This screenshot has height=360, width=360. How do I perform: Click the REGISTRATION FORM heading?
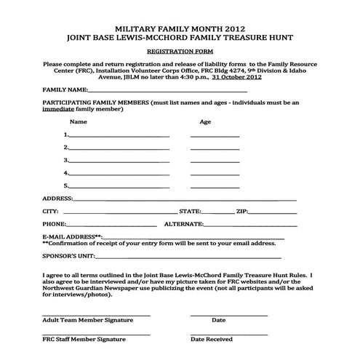[180, 52]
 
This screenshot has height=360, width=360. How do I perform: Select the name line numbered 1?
[119, 136]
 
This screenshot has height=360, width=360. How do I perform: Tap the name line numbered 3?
[119, 161]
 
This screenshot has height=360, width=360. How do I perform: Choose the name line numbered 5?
[119, 186]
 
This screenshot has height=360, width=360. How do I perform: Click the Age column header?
[205, 121]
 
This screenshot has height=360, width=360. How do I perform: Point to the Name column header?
[79, 121]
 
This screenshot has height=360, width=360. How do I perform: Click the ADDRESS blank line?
[185, 199]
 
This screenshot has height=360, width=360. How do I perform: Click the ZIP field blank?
[273, 212]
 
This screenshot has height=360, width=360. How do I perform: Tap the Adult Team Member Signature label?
[87, 320]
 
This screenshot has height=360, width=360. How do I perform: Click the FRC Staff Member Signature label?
[84, 340]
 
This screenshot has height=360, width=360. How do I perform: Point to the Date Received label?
[212, 340]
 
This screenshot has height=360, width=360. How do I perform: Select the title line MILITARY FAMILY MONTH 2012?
[180, 24]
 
